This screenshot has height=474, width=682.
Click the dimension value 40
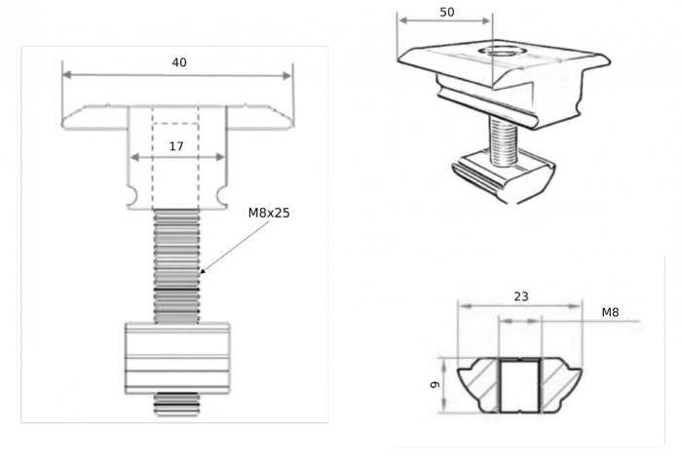pos(179,62)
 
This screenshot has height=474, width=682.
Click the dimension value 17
pos(176,146)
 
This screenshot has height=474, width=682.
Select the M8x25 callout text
pos(269,213)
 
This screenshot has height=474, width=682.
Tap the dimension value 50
pos(447,12)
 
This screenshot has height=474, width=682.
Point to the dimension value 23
pos(521,296)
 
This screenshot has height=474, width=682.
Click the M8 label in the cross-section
pos(610,312)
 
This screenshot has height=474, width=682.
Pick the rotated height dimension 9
pos(435,385)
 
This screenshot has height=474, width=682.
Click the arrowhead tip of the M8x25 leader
pos(200,273)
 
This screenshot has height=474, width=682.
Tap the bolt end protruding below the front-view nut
pos(176,404)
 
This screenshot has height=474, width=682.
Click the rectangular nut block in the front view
pos(177,358)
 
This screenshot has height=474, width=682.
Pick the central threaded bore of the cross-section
pos(519,385)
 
